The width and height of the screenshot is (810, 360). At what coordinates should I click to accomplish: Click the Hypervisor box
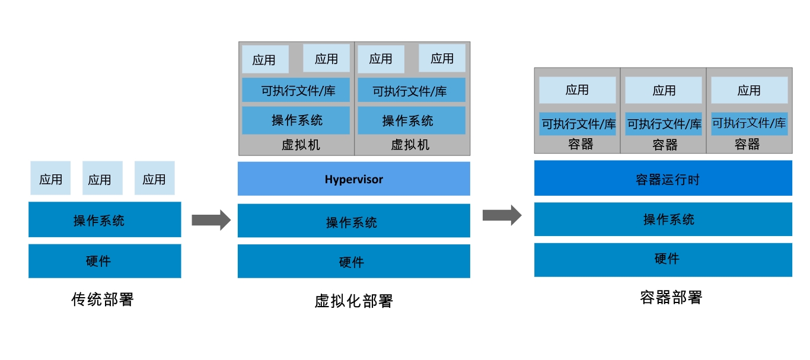[x=353, y=179]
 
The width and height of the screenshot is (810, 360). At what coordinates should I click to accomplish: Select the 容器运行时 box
[x=663, y=178]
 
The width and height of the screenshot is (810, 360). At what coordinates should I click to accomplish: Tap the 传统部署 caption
[x=103, y=300]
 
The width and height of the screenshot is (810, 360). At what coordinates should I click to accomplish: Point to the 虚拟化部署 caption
[x=353, y=301]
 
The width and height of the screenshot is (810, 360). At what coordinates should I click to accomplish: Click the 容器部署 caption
[x=671, y=297]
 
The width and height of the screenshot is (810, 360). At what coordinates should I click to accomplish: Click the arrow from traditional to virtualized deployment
[x=211, y=219]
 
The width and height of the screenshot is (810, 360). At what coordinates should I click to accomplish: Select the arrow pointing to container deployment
[x=502, y=215]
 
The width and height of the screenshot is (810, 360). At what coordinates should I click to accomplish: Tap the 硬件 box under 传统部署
[x=104, y=261]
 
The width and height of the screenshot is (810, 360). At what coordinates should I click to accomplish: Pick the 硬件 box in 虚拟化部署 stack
[x=353, y=261]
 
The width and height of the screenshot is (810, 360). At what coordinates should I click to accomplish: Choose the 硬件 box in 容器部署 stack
[x=663, y=260]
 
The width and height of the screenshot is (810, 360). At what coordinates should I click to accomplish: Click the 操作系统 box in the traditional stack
[x=104, y=219]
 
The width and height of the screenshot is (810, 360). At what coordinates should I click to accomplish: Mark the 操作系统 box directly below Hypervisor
[x=353, y=221]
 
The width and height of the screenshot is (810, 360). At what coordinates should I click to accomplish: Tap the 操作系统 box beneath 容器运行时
[x=663, y=219]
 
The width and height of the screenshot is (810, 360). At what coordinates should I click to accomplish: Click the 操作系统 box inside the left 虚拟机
[x=296, y=120]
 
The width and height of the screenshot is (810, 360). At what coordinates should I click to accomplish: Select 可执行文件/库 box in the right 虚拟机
[x=412, y=90]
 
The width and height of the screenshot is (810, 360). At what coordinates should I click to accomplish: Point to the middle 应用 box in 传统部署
[x=103, y=178]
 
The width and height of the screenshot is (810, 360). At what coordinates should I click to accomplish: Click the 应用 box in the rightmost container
[x=750, y=90]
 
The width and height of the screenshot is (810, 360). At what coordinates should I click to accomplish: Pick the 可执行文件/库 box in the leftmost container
[x=578, y=124]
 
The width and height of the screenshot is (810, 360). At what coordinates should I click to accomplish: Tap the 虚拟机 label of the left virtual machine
[x=301, y=145]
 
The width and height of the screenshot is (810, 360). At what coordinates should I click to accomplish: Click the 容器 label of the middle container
[x=665, y=145]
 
